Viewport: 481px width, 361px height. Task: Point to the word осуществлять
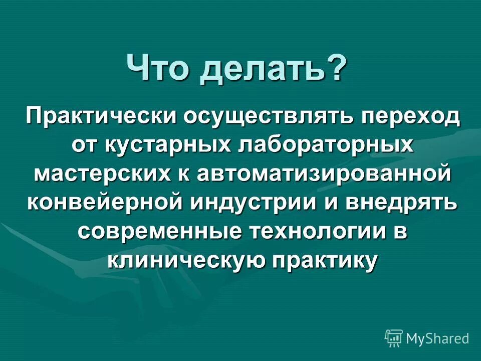270,117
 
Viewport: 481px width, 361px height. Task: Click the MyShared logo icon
393,338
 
